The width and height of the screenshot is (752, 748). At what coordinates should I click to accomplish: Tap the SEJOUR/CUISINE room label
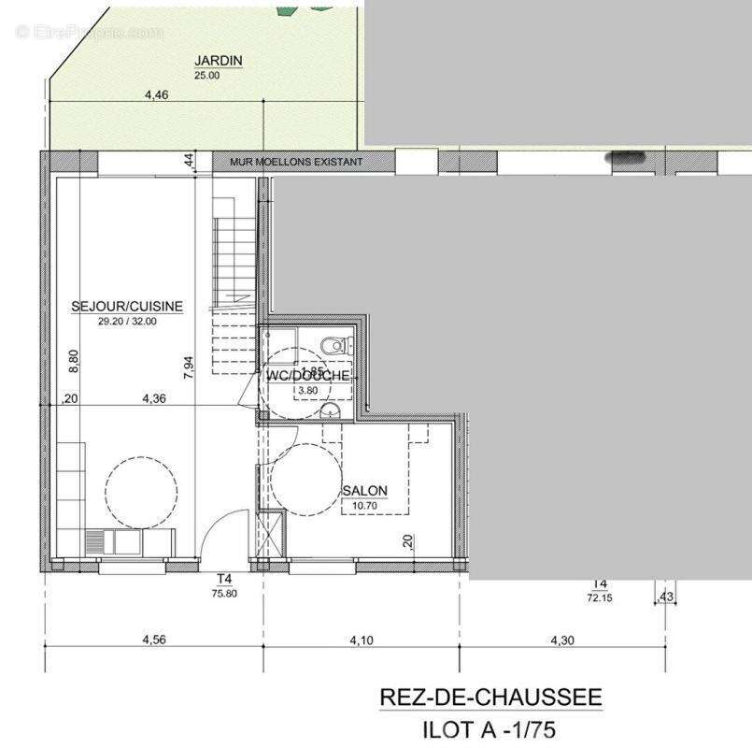[127, 306]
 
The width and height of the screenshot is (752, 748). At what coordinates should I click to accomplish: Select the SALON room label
[364, 491]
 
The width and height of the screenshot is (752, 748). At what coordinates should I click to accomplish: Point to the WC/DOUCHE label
[308, 375]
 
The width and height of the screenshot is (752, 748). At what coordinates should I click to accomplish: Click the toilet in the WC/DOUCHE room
[333, 346]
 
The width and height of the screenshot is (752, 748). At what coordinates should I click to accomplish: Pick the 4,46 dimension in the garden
[156, 94]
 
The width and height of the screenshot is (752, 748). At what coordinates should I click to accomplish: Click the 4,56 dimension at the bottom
[154, 640]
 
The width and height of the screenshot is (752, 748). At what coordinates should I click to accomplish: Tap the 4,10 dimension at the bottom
[361, 640]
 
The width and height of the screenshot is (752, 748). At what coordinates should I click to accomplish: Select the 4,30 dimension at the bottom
[563, 640]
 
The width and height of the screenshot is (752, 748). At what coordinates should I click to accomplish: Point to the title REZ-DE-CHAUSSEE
[490, 698]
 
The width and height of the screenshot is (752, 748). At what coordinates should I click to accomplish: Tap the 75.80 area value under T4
[224, 593]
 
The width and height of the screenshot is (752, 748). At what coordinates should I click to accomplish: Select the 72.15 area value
[599, 597]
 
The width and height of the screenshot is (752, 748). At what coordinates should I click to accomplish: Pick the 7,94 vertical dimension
[189, 365]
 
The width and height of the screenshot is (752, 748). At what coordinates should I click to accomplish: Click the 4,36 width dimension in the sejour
[154, 398]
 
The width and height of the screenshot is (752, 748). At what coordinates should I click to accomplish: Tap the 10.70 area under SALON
[363, 505]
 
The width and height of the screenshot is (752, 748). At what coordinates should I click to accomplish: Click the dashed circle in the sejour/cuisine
[141, 491]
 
